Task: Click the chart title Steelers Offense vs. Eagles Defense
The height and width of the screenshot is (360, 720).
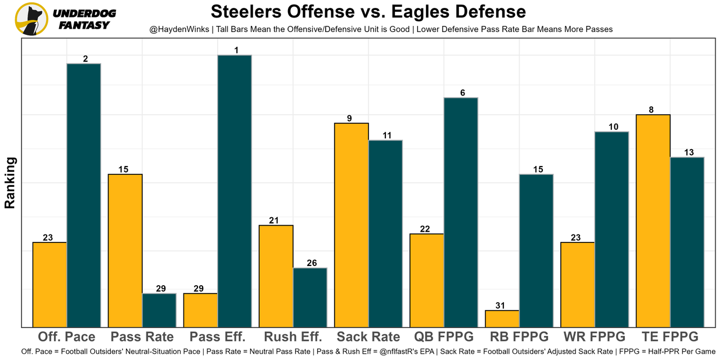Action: pyautogui.click(x=368, y=11)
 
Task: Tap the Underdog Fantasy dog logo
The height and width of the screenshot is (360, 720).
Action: pyautogui.click(x=31, y=19)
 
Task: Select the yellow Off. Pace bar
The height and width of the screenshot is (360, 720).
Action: pyautogui.click(x=50, y=285)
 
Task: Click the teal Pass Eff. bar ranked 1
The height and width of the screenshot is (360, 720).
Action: pyautogui.click(x=235, y=191)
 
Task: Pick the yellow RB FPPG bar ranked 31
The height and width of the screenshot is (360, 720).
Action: pyautogui.click(x=502, y=318)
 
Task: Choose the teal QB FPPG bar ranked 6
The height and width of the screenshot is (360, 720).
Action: pyautogui.click(x=461, y=212)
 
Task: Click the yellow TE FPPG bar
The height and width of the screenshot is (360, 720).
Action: pyautogui.click(x=653, y=220)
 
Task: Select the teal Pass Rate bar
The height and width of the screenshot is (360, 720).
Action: pyautogui.click(x=159, y=310)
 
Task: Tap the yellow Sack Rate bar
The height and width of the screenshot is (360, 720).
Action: pyautogui.click(x=352, y=225)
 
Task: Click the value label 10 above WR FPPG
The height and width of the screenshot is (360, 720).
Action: pyautogui.click(x=613, y=127)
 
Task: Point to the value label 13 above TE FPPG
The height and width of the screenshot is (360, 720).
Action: pyautogui.click(x=688, y=152)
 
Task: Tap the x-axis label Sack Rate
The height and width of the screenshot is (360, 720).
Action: pyautogui.click(x=368, y=337)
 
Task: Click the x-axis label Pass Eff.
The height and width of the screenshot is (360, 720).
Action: pyautogui.click(x=218, y=337)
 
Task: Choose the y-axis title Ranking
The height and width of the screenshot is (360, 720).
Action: pyautogui.click(x=10, y=183)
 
